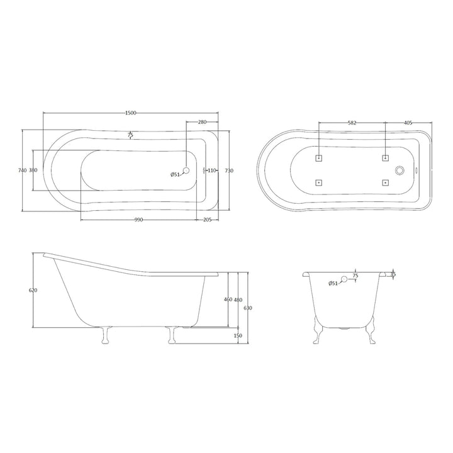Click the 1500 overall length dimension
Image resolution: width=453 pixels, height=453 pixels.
pyautogui.click(x=130, y=113)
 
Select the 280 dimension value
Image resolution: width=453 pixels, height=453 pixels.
pyautogui.click(x=202, y=121)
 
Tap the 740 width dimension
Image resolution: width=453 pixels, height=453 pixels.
pyautogui.click(x=22, y=171)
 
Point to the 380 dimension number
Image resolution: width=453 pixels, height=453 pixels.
pyautogui.click(x=33, y=171)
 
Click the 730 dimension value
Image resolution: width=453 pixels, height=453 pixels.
pyautogui.click(x=230, y=171)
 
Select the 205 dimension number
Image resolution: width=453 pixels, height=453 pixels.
pyautogui.click(x=207, y=220)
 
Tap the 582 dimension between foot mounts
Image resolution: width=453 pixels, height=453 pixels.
pyautogui.click(x=352, y=123)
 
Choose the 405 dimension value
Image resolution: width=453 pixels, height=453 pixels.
pyautogui.click(x=408, y=123)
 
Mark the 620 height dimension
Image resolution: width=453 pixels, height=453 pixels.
pyautogui.click(x=33, y=290)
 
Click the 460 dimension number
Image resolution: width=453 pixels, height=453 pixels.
pyautogui.click(x=228, y=299)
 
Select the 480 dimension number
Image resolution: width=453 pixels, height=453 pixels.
pyautogui.click(x=238, y=299)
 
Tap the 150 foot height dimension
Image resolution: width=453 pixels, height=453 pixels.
pyautogui.click(x=238, y=335)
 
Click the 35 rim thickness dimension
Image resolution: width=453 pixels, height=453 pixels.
pyautogui.click(x=393, y=274)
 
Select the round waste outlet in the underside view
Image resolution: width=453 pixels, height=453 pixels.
pyautogui.click(x=399, y=170)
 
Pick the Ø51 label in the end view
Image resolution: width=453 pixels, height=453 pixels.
pyautogui.click(x=333, y=284)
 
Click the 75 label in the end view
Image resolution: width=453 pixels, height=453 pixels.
pyautogui.click(x=355, y=276)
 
